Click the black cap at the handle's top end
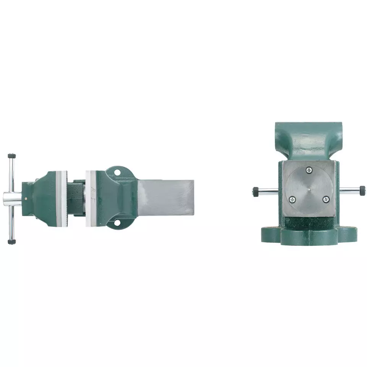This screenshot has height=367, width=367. [x=12, y=156]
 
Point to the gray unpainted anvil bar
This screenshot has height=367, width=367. [x=165, y=197]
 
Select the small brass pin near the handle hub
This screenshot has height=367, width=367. [x=26, y=198]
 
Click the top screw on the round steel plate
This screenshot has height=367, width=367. [x=309, y=170]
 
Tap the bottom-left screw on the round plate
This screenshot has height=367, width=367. [x=292, y=199]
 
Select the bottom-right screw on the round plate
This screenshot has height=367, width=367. [x=326, y=199]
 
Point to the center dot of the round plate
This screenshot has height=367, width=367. [x=309, y=188]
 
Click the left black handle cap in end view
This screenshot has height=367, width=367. [x=255, y=191]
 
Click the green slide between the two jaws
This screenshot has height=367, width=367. [x=76, y=198]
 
